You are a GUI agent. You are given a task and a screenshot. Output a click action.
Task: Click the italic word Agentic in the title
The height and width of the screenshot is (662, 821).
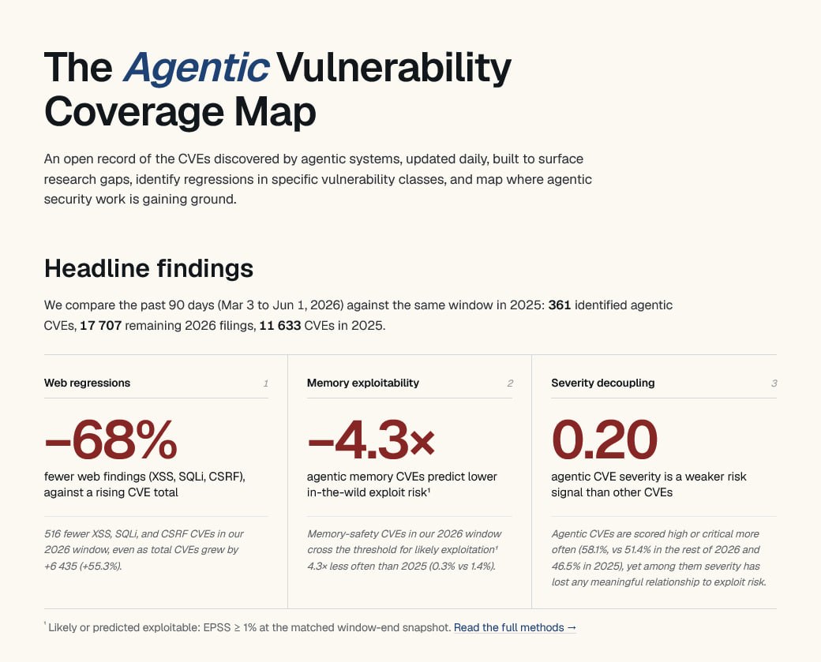(197, 68)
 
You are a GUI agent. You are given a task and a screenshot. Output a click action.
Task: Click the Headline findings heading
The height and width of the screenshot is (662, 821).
(148, 268)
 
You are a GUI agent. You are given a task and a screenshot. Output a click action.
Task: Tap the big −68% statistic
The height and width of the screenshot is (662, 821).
(111, 439)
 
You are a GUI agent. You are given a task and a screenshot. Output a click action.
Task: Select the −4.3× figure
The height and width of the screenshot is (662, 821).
(371, 439)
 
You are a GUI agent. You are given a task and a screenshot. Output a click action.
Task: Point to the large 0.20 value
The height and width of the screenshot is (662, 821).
(604, 439)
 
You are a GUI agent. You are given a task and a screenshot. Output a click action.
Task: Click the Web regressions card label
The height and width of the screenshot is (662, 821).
(87, 383)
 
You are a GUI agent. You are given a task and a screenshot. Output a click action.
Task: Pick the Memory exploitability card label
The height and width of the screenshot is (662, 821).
(363, 383)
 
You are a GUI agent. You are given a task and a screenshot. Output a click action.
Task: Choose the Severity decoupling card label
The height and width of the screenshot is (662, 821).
(602, 383)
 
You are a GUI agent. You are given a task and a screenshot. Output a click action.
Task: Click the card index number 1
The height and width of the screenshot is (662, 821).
(266, 383)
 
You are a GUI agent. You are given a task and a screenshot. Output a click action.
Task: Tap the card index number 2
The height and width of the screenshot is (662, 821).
(510, 383)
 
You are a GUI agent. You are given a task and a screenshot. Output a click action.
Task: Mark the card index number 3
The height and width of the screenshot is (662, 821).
(774, 383)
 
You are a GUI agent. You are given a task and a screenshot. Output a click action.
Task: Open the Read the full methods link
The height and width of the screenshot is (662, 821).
(515, 627)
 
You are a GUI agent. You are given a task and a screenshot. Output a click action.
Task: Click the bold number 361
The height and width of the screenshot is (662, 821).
(559, 305)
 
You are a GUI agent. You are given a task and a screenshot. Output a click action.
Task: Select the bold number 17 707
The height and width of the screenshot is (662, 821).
(100, 326)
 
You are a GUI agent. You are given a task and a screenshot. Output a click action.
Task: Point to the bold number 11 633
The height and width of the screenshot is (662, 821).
(280, 326)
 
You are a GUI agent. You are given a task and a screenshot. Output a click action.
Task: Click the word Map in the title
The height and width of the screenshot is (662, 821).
(275, 111)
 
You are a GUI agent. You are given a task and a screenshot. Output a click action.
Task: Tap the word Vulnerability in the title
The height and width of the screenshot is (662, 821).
(394, 68)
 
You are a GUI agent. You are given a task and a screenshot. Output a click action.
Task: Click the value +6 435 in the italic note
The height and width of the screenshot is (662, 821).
(62, 567)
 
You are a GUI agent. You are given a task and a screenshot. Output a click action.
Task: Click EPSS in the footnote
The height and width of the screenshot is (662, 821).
(216, 627)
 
